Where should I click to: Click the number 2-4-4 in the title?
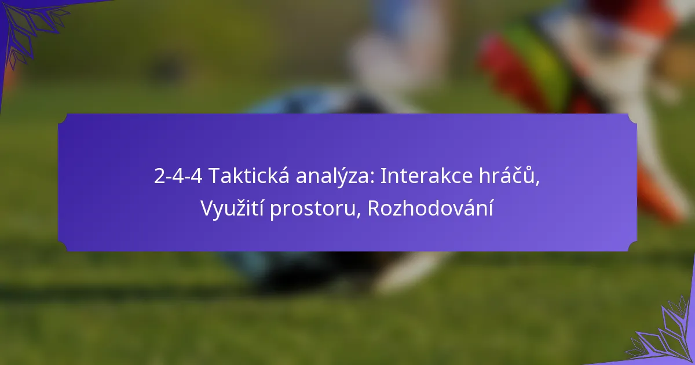coord(178,176)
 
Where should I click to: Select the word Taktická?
coord(249,176)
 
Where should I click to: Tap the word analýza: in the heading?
coord(335,177)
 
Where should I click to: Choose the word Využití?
coord(232,207)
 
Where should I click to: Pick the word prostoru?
coord(312,210)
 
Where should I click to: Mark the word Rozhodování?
coord(430,207)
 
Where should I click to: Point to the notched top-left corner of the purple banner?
coord(62,118)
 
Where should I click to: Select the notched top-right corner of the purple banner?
coord(633,118)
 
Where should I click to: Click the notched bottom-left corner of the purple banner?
coord(62,247)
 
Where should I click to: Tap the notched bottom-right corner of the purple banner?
coord(633,247)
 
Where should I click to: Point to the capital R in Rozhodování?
coord(374,208)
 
